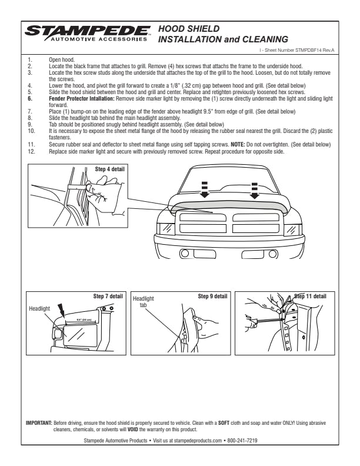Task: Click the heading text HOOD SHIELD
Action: pyautogui.click(x=189, y=28)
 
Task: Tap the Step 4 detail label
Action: pyautogui.click(x=110, y=169)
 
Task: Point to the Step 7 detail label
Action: pyautogui.click(x=108, y=295)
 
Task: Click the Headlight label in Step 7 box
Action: pyautogui.click(x=40, y=308)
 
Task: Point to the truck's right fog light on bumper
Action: pyautogui.click(x=272, y=254)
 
